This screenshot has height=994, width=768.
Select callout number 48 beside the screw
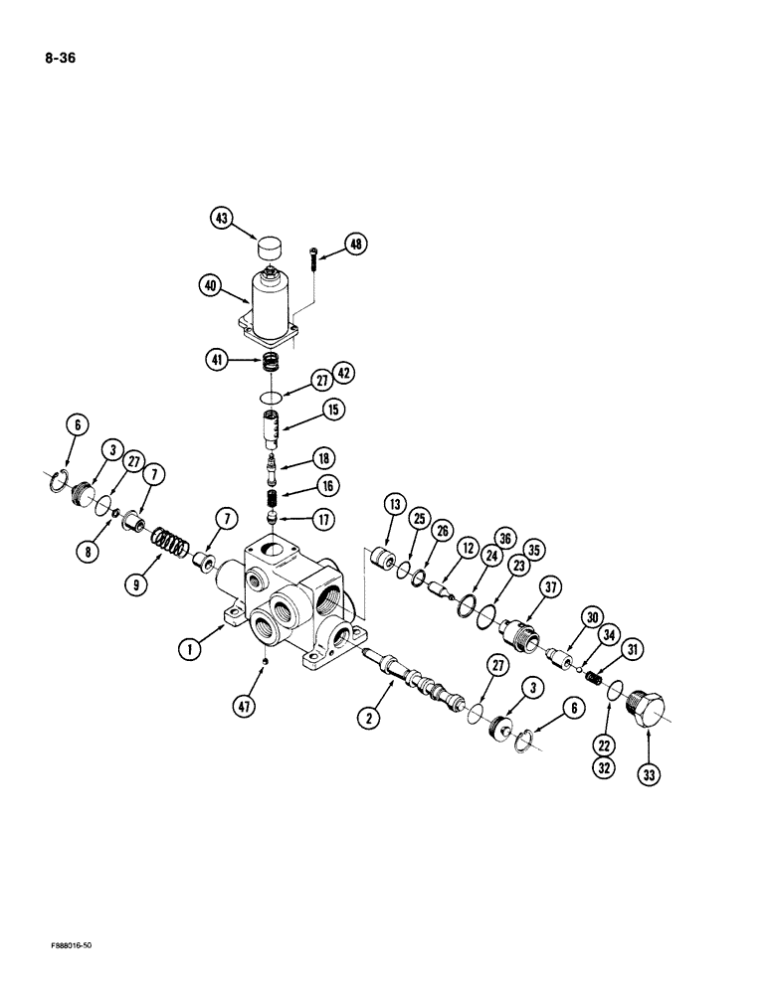click(356, 244)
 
